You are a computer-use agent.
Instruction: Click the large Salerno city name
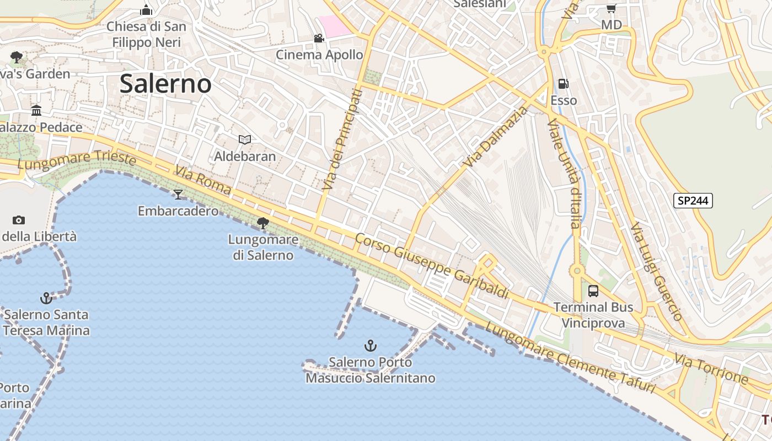click(165, 84)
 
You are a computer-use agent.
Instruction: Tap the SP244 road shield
click(693, 201)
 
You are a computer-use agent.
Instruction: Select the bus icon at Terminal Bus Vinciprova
click(593, 291)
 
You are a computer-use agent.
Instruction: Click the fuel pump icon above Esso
click(563, 84)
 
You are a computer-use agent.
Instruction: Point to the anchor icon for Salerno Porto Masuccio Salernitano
click(371, 346)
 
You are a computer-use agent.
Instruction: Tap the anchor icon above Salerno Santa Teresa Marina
click(46, 298)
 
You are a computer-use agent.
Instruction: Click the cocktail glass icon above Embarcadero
click(178, 194)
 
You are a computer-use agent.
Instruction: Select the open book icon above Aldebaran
click(244, 140)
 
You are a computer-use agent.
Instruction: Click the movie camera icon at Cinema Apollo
click(319, 38)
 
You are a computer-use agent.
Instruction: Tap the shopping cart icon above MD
click(611, 8)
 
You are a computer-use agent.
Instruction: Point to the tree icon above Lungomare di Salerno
click(263, 223)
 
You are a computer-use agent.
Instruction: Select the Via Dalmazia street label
click(496, 138)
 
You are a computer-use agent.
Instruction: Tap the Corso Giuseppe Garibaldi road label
click(431, 266)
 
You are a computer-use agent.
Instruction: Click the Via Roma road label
click(203, 180)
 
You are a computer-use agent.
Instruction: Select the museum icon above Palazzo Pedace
click(36, 111)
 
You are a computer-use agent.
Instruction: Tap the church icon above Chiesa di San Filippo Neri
click(146, 10)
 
